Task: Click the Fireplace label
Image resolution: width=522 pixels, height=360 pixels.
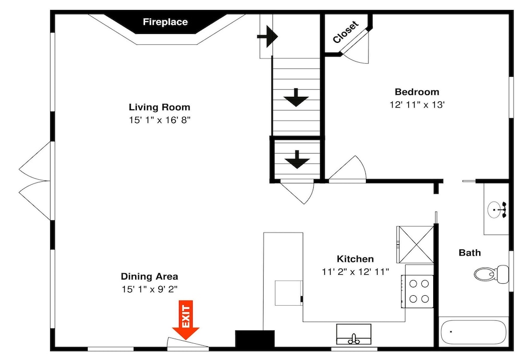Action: click(165, 22)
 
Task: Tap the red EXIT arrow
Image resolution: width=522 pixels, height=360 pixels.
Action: click(186, 320)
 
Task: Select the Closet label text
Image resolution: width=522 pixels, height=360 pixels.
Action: click(346, 32)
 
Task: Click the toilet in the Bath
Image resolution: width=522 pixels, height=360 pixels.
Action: click(491, 274)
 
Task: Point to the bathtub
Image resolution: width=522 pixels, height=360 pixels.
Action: click(474, 332)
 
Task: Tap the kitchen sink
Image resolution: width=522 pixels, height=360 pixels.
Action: click(353, 334)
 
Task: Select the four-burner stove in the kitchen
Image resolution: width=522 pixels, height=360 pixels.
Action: click(418, 292)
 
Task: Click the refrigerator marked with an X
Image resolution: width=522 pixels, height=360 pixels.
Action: click(415, 245)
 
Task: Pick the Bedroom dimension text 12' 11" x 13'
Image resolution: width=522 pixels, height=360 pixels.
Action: click(417, 104)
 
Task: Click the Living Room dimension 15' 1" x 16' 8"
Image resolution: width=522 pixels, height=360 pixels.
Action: click(160, 120)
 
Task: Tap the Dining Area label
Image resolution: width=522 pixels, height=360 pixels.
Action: click(149, 276)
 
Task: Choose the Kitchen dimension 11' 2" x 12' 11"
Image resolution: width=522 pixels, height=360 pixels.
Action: click(355, 272)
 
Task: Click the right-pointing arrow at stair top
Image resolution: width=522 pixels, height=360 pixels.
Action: click(267, 37)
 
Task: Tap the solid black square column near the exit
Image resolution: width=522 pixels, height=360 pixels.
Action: click(255, 339)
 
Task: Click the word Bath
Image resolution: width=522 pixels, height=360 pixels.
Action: click(469, 253)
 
